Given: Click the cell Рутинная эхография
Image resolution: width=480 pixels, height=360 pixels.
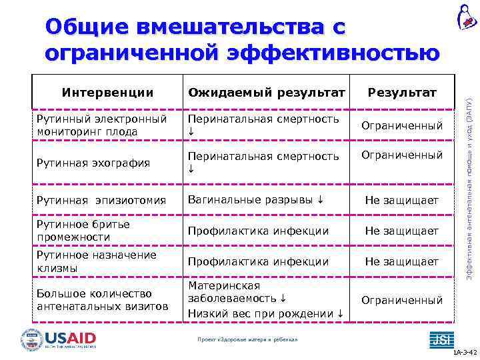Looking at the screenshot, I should [x=93, y=163].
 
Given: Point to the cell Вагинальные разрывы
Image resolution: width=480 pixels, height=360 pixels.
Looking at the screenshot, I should [x=257, y=200].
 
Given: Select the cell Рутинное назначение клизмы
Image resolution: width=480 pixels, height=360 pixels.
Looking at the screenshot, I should [x=97, y=261].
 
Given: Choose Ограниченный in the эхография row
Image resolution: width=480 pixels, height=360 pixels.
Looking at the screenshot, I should [x=402, y=155].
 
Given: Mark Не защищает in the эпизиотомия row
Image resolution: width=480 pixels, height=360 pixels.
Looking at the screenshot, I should [x=402, y=201].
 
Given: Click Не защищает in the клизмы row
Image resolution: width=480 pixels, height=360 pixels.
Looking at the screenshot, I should [x=402, y=262].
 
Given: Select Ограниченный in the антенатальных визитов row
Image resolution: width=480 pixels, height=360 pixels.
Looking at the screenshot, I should [x=402, y=301].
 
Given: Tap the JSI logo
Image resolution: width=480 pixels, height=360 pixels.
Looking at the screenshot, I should [x=441, y=339].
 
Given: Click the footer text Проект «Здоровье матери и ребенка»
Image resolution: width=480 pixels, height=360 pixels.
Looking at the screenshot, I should [x=247, y=340].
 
